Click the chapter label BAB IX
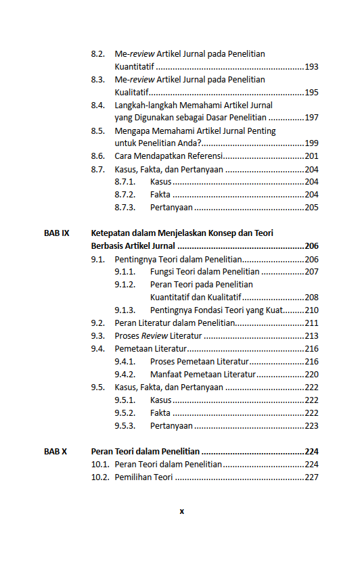56,233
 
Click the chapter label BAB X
55,452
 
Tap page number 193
311,67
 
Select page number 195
311,93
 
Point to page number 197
311,118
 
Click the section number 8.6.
98,156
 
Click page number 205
311,208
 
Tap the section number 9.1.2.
125,285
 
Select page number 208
311,298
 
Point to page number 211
311,323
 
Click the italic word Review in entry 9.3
154,336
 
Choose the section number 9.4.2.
125,375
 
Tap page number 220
311,375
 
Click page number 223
311,426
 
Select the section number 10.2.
100,477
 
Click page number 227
311,477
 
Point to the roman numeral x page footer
181,511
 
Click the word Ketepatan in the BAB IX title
110,233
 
